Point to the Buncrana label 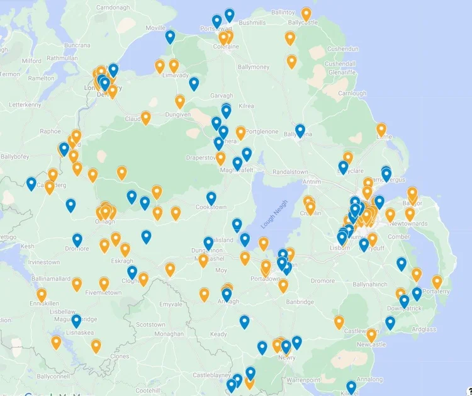click(77, 45)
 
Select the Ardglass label click(423, 329)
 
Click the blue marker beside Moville click(170, 37)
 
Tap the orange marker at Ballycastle click(306, 13)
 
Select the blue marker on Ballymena click(300, 130)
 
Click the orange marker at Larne click(381, 130)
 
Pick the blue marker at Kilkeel click(351, 387)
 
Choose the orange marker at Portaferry click(437, 281)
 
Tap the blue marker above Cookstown click(211, 198)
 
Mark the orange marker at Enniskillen click(42, 294)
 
